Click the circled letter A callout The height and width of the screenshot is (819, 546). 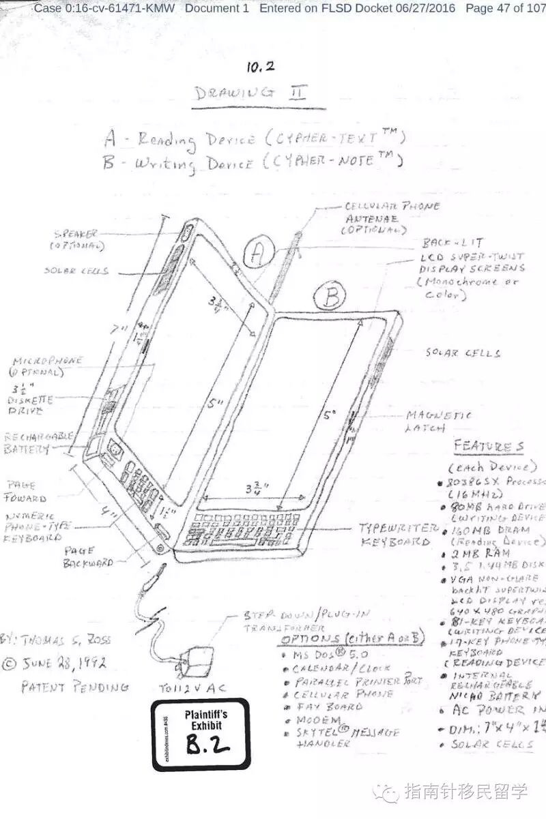[x=258, y=254]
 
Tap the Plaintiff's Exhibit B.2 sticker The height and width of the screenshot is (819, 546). [x=201, y=734]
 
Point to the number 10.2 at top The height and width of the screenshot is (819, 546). [x=261, y=67]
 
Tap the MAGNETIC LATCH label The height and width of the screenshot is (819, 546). [x=438, y=421]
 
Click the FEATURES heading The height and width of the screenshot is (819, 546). [x=489, y=447]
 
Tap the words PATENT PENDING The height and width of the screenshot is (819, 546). [x=74, y=687]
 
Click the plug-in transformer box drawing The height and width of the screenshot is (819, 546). [x=192, y=660]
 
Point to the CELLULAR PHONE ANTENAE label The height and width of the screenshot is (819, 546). [x=391, y=218]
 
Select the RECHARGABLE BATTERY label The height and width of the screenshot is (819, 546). [x=34, y=443]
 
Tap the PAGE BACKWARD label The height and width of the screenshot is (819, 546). [x=87, y=556]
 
